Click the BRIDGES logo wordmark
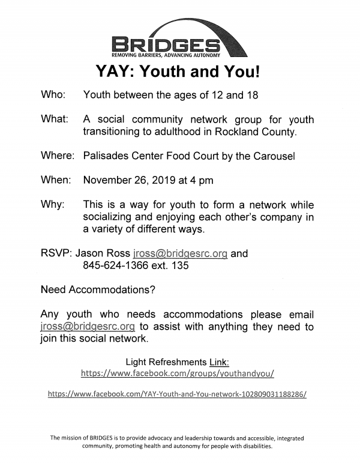166,44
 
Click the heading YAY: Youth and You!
179,72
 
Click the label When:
56,180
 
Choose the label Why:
52,204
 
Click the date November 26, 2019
123,180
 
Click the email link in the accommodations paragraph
87,327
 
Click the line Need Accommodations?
98,290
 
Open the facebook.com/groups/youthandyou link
178,373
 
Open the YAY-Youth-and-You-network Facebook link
177,394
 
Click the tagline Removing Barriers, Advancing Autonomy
166,55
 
